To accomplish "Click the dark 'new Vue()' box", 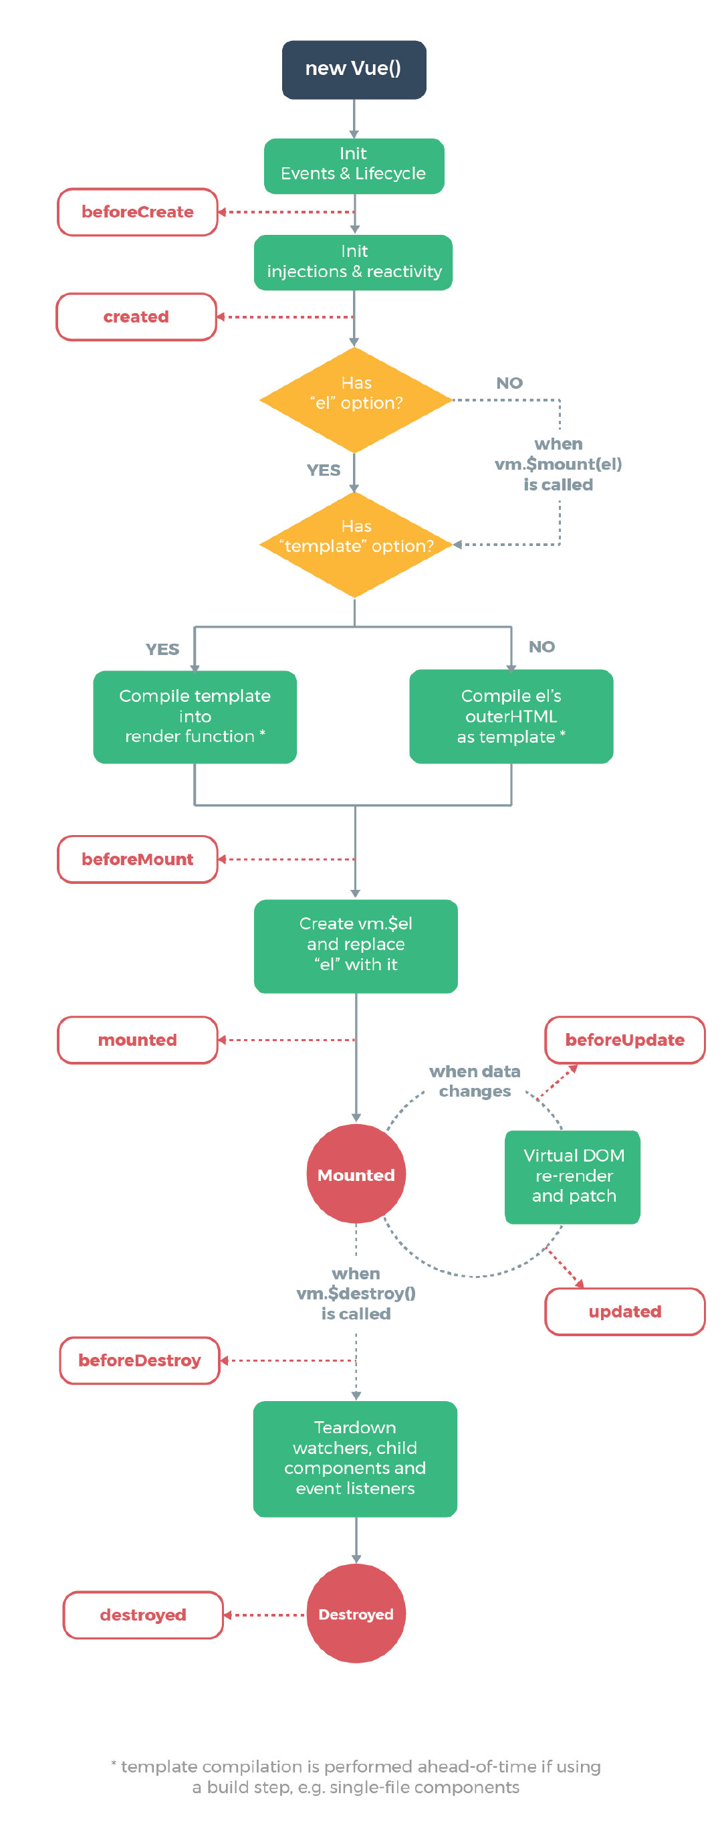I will (354, 69).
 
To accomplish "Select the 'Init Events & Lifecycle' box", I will (354, 165).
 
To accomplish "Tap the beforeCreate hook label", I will (137, 211).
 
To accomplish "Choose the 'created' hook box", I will (136, 317).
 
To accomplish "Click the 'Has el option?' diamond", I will (355, 399).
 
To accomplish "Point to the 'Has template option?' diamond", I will (355, 543).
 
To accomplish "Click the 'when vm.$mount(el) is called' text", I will (558, 464).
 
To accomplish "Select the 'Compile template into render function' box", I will (195, 716).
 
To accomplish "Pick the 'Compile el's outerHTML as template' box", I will (511, 716).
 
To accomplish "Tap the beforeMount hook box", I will (137, 859).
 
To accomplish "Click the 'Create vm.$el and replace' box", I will (355, 945).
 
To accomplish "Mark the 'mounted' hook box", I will (137, 1039).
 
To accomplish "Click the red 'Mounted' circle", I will (356, 1174).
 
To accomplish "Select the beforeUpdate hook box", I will (624, 1039).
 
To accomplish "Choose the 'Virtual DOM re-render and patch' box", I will (572, 1176).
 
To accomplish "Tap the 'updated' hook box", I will (624, 1311).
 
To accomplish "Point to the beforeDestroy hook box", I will (139, 1360).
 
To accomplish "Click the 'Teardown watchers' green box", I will (355, 1458).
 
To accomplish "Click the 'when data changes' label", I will (474, 1081).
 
